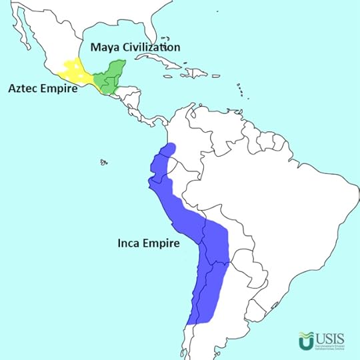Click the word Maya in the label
(x=105, y=48)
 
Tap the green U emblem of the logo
(x=307, y=341)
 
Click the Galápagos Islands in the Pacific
(x=103, y=161)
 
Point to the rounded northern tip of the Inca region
(x=171, y=147)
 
